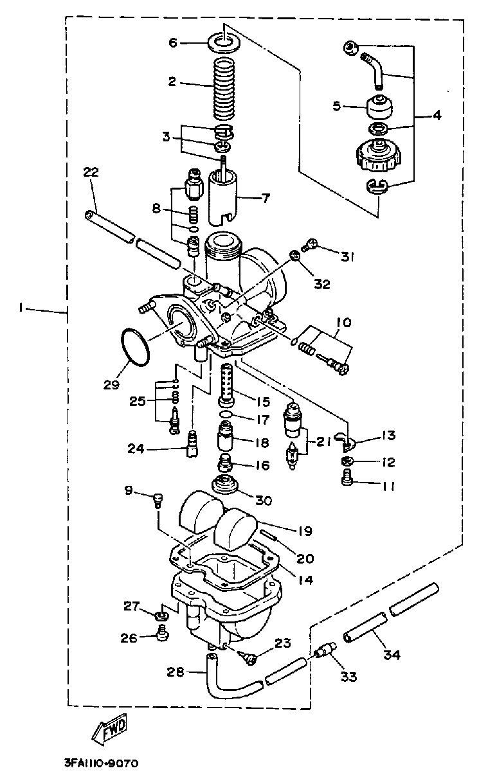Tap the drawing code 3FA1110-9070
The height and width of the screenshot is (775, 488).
click(x=102, y=763)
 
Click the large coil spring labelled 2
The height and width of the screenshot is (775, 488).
click(x=223, y=87)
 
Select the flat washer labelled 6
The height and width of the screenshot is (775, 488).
click(x=224, y=43)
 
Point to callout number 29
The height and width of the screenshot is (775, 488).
click(x=112, y=384)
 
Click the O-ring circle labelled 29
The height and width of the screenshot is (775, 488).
click(x=135, y=347)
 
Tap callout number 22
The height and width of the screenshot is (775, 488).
click(x=91, y=172)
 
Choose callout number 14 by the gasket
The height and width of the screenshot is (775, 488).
click(x=305, y=580)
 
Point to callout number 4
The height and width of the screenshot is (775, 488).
click(x=437, y=115)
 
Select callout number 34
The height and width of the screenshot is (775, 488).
click(x=392, y=655)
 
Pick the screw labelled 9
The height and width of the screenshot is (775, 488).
click(x=158, y=500)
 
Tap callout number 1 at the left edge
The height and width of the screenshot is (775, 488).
click(x=21, y=307)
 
